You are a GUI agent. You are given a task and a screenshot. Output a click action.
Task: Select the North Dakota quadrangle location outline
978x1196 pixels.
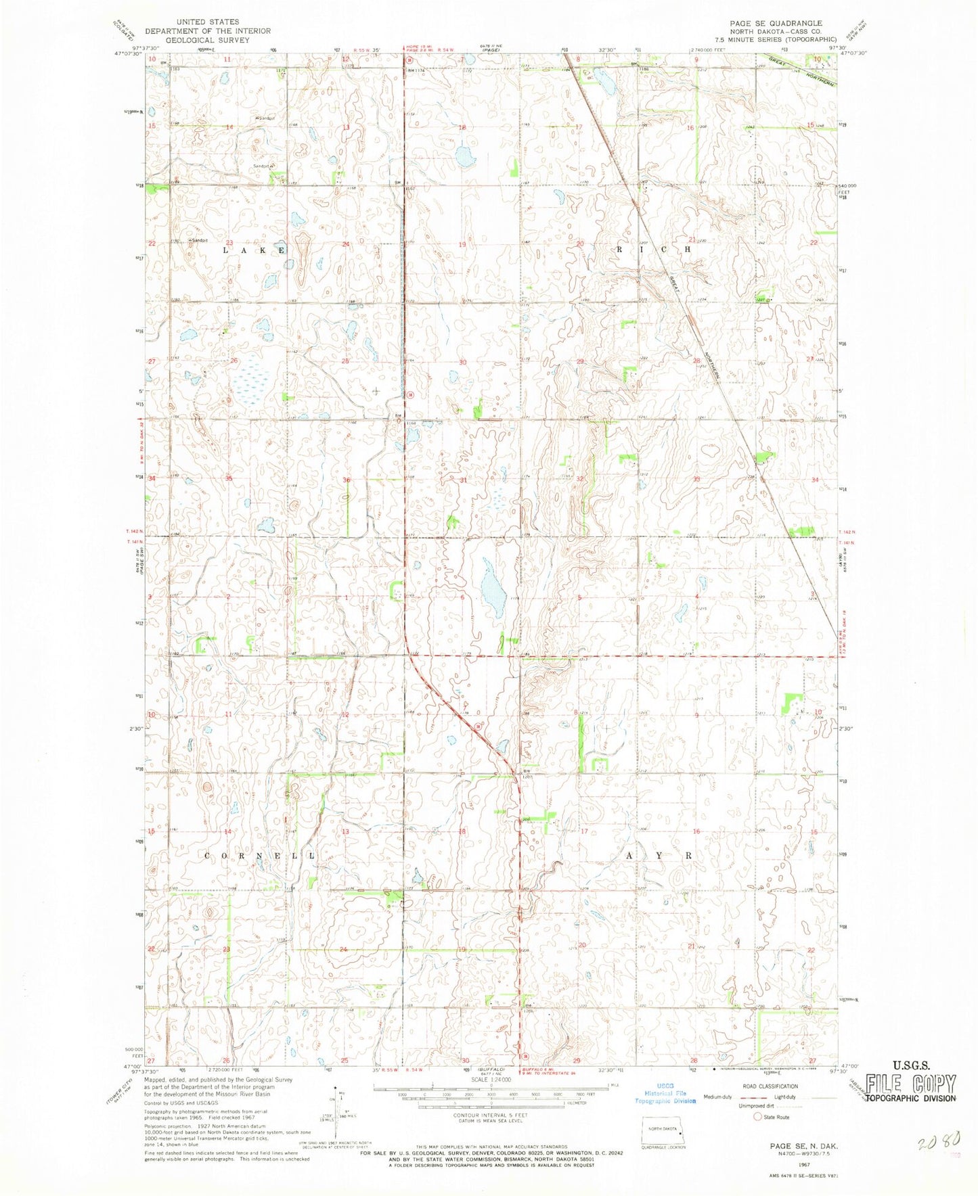[x=663, y=1134]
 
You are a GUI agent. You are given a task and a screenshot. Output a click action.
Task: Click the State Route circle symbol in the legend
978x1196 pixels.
[x=758, y=1117]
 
